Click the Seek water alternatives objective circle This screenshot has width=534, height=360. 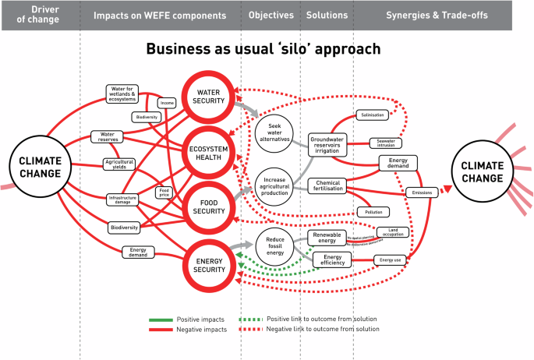[274, 132]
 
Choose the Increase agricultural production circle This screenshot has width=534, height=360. [274, 187]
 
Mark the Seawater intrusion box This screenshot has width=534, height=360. [386, 144]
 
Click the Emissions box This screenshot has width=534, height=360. [422, 193]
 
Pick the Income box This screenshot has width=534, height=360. [167, 103]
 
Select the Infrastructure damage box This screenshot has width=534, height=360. [128, 199]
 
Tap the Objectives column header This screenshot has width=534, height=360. [271, 15]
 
